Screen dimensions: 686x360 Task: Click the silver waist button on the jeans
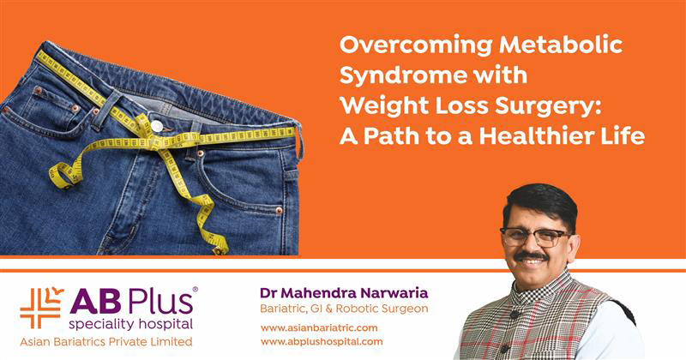(x=157, y=126)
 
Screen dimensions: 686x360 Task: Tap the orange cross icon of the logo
(x=41, y=308)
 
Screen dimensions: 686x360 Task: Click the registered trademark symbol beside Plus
(x=196, y=290)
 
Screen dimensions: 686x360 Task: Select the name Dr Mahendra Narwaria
(x=344, y=292)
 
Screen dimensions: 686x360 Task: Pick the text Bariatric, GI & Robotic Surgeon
(x=344, y=309)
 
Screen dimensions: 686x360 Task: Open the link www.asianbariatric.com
(x=319, y=327)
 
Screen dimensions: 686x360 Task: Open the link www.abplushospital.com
(x=322, y=342)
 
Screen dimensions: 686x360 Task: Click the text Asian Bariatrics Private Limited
(x=105, y=342)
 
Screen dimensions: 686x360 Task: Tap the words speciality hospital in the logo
(x=130, y=325)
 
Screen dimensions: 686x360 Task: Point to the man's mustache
(x=531, y=256)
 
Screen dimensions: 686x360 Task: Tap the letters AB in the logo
(x=95, y=302)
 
